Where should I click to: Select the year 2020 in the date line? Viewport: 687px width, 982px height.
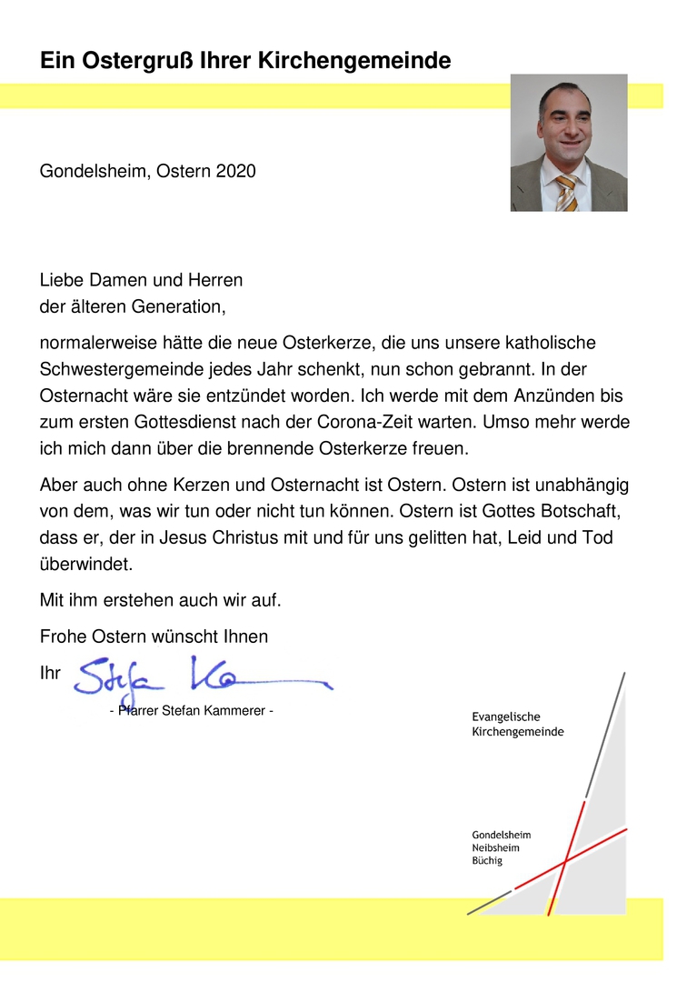coord(235,171)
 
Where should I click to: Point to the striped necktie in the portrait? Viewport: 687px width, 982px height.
coord(566,192)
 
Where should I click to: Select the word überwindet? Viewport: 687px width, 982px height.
coord(86,564)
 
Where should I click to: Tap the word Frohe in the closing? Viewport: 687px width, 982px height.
coord(62,636)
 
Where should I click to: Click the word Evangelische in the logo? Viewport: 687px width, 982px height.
coord(505,717)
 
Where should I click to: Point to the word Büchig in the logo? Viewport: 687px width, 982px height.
coord(487,861)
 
